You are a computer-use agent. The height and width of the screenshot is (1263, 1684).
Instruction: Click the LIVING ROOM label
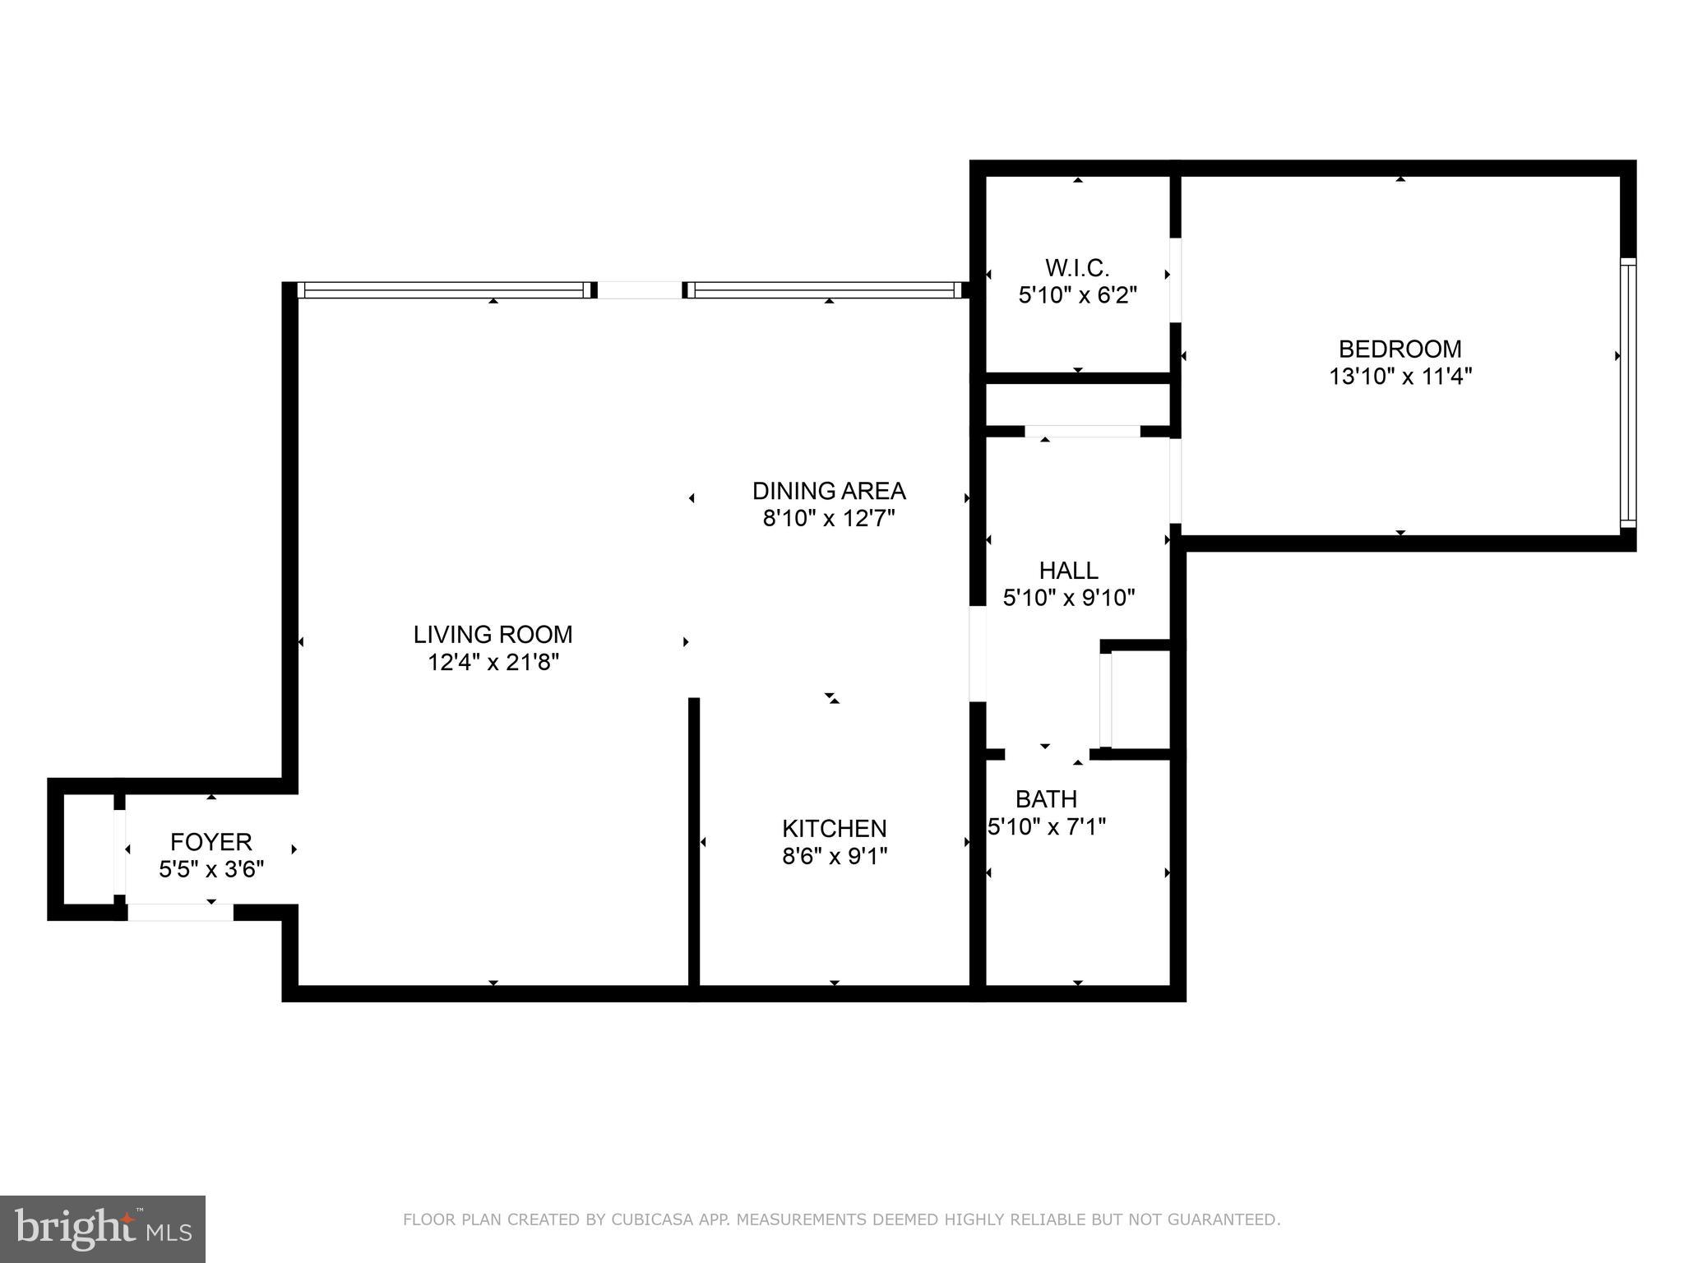pyautogui.click(x=493, y=634)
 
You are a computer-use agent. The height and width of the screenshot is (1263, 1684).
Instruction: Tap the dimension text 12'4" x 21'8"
pyautogui.click(x=493, y=662)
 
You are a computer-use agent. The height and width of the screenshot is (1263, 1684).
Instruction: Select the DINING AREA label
pyautogui.click(x=828, y=491)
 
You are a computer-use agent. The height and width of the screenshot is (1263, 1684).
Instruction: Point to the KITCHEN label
pyautogui.click(x=834, y=828)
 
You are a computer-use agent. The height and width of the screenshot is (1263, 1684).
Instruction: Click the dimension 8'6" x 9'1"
pyautogui.click(x=834, y=856)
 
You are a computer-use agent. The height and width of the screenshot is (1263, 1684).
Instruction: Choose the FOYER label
pyautogui.click(x=210, y=841)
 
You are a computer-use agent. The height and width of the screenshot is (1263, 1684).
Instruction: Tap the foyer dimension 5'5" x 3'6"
pyautogui.click(x=210, y=869)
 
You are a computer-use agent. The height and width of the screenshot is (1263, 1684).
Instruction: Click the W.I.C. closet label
pyautogui.click(x=1077, y=267)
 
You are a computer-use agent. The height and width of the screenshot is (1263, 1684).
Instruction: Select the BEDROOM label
pyautogui.click(x=1399, y=349)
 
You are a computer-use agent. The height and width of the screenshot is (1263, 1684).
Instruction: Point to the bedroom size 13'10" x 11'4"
pyautogui.click(x=1399, y=377)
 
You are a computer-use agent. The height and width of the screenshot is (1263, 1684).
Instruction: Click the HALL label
pyautogui.click(x=1068, y=570)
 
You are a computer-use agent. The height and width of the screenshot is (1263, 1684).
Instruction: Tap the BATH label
pyautogui.click(x=1046, y=798)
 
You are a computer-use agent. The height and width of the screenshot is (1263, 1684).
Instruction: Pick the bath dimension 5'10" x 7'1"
pyautogui.click(x=1046, y=826)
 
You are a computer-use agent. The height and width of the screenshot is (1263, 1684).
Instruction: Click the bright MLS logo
pyautogui.click(x=103, y=1229)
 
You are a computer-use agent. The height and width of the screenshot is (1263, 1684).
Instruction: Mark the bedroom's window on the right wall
pyautogui.click(x=1627, y=392)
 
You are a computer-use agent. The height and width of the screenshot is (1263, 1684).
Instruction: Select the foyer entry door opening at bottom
pyautogui.click(x=180, y=912)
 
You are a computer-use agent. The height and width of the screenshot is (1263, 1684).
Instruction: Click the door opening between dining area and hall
pyautogui.click(x=978, y=654)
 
